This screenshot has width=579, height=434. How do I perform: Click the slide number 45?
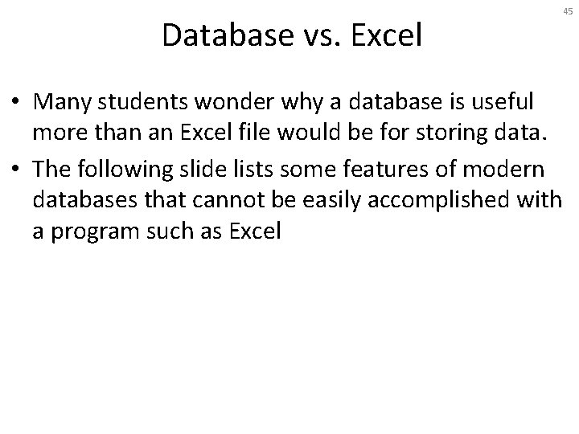coord(569,12)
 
